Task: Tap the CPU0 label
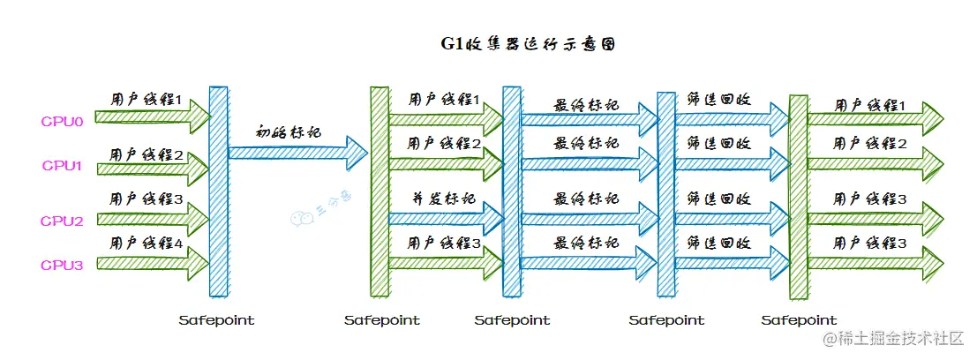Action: [x=62, y=121]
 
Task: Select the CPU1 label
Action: [x=62, y=166]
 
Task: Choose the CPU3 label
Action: [x=62, y=264]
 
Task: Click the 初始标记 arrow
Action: [x=296, y=153]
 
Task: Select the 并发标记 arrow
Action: [x=441, y=213]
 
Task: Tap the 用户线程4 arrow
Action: [x=150, y=260]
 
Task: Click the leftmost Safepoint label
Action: [x=216, y=320]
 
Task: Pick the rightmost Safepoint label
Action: [x=799, y=320]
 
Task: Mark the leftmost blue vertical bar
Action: [x=218, y=190]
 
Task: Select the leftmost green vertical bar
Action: [x=380, y=190]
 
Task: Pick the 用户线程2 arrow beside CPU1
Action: [x=150, y=165]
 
